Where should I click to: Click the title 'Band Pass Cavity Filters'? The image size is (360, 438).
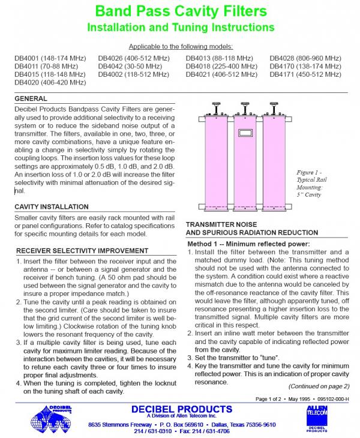180,10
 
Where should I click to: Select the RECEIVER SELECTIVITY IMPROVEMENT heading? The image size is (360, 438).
79,250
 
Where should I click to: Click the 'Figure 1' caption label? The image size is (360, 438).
310,172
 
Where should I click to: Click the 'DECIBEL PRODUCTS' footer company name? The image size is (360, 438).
181,408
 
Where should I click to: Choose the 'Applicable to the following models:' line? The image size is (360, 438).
180,47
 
